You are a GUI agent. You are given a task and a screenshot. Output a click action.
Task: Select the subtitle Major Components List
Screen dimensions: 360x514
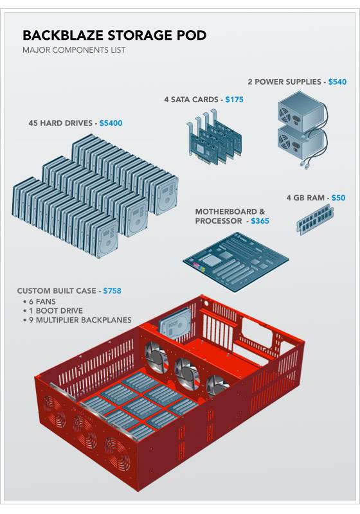[x=74, y=50]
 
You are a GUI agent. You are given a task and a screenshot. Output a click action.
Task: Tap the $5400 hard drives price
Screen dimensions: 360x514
[x=111, y=123]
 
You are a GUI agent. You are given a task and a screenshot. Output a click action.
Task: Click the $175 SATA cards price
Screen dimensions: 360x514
[x=234, y=100]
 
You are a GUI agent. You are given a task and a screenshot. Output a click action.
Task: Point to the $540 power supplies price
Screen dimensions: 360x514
[x=337, y=82]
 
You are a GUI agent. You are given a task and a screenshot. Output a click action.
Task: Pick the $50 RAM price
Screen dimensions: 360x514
[x=338, y=198]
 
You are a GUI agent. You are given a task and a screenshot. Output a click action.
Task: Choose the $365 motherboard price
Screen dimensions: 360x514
[x=260, y=221]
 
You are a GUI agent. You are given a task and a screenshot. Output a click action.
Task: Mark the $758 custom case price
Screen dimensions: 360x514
[x=112, y=291]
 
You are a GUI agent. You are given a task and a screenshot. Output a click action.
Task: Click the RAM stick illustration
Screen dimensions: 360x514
[x=315, y=218]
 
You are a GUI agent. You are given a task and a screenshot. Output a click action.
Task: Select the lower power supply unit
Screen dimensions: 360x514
[x=299, y=145]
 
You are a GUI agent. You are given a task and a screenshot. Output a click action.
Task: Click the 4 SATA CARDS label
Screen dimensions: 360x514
[x=191, y=100]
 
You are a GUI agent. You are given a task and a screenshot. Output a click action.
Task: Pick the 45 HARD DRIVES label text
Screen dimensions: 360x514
[x=60, y=123]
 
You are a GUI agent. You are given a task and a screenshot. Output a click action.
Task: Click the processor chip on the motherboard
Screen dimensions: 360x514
[x=210, y=261]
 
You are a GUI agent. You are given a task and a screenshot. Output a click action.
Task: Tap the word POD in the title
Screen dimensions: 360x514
[x=192, y=35]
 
